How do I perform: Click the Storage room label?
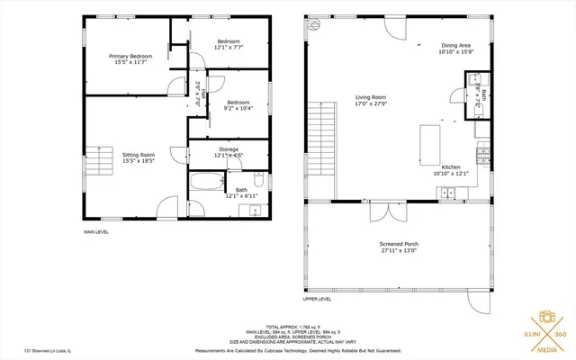pyautogui.click(x=228, y=148)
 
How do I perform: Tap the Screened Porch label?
pyautogui.click(x=399, y=245)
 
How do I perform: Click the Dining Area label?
pyautogui.click(x=454, y=45)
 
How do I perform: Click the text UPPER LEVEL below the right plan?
pyautogui.click(x=317, y=299)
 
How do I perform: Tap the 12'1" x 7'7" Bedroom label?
pyautogui.click(x=228, y=43)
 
